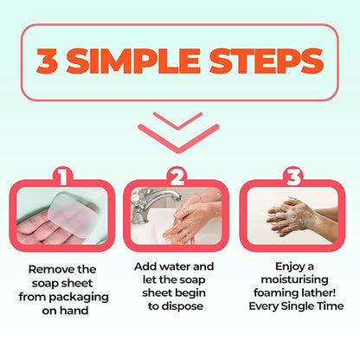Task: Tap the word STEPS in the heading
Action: [x=267, y=61]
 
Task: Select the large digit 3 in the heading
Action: [x=48, y=61]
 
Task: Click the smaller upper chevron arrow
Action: [x=178, y=121]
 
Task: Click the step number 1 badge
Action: [x=63, y=177]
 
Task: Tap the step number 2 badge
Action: [x=177, y=177]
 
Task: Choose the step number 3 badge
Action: [x=294, y=177]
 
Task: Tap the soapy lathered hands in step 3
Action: [x=292, y=218]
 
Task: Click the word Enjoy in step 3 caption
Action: [x=286, y=267]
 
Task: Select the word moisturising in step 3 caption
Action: [x=294, y=280]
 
